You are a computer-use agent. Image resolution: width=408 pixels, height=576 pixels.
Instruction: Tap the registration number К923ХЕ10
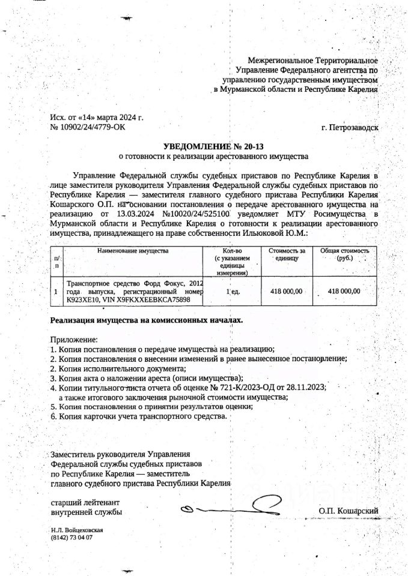pyautogui.click(x=84, y=299)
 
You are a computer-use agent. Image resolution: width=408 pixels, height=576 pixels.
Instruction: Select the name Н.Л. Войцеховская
pyautogui.click(x=78, y=530)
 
